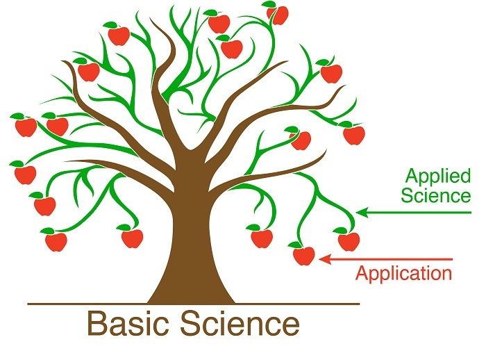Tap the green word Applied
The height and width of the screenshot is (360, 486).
click(x=437, y=176)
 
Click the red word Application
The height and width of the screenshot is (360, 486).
click(x=403, y=273)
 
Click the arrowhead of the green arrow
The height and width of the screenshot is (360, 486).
click(x=360, y=213)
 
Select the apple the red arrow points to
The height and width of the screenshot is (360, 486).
click(x=303, y=256)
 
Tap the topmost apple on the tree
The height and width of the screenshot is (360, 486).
click(x=277, y=15)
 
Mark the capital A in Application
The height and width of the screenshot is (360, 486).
click(x=362, y=272)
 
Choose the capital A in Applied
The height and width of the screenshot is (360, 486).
click(x=412, y=174)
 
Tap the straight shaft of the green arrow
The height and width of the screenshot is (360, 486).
click(x=417, y=213)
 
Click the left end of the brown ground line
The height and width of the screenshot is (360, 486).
click(x=29, y=304)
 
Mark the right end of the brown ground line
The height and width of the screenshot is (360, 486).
click(x=359, y=304)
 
